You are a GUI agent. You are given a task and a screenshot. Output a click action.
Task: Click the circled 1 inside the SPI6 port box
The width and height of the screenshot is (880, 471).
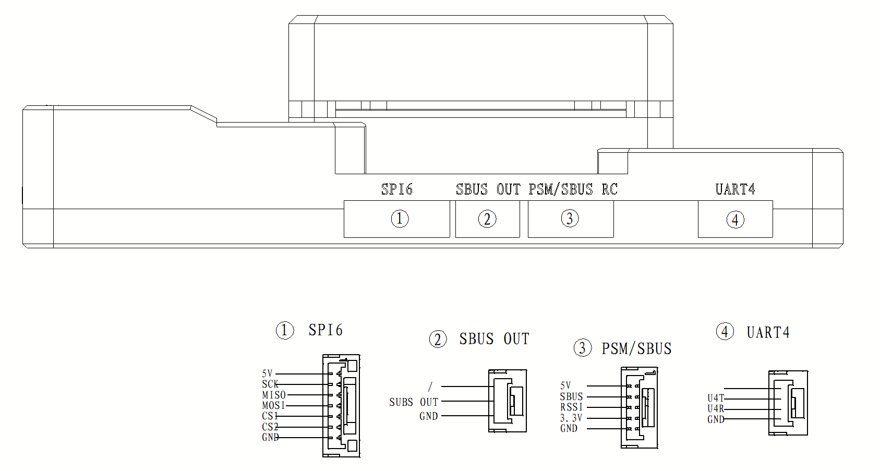click(x=400, y=219)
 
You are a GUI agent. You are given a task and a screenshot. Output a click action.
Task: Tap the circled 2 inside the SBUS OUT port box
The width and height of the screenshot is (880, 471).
click(x=487, y=219)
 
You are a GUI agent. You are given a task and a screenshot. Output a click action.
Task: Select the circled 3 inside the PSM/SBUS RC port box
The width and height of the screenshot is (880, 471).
click(x=570, y=219)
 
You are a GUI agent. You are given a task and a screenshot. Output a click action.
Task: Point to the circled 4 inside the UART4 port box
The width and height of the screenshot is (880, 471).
click(x=735, y=220)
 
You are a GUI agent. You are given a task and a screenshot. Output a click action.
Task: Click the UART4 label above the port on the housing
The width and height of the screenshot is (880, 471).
click(x=735, y=189)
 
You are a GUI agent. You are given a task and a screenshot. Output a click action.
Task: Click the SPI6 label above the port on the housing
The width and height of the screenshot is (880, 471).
click(x=396, y=189)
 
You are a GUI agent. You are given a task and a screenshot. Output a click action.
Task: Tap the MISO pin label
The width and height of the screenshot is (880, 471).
click(x=274, y=395)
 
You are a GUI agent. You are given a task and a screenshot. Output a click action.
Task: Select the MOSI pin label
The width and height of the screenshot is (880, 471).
click(x=273, y=405)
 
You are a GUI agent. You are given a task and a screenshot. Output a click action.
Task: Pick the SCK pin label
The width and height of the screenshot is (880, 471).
click(x=270, y=384)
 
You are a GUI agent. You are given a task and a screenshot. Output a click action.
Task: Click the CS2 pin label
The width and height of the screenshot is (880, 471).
click(x=270, y=427)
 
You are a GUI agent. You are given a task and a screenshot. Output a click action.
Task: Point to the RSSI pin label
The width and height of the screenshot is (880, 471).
click(x=571, y=407)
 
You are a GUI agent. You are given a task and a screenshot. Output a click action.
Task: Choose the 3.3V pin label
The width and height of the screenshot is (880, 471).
click(x=571, y=418)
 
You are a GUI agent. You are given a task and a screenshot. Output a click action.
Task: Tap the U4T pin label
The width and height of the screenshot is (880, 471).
click(x=715, y=398)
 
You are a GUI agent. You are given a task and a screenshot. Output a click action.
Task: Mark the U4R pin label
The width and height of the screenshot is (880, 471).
click(x=715, y=408)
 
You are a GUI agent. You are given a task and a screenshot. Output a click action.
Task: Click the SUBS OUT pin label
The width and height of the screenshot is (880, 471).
click(x=413, y=402)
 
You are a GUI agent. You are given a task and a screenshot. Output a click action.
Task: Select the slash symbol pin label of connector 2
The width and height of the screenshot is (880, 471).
click(x=430, y=387)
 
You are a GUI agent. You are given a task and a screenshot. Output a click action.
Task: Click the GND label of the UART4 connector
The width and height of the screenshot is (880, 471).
click(x=715, y=419)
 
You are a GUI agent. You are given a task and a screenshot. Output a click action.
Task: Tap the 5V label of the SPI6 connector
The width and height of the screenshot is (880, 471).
click(x=267, y=373)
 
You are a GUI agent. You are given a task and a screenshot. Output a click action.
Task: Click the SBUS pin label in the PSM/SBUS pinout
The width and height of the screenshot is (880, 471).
click(x=571, y=396)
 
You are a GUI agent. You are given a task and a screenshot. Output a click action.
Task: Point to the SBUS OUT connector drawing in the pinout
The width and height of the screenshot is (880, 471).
click(x=508, y=401)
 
